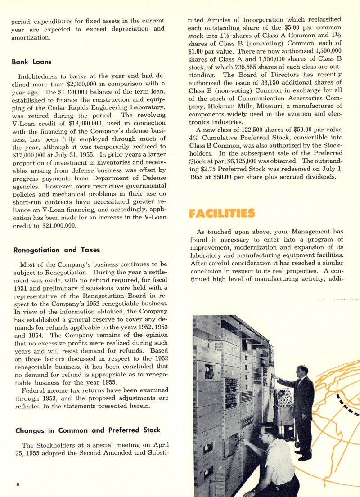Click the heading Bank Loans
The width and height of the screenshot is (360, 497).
tap(31, 62)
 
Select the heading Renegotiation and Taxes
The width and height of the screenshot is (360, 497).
tap(57, 250)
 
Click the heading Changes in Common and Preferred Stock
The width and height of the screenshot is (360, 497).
tap(88, 430)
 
